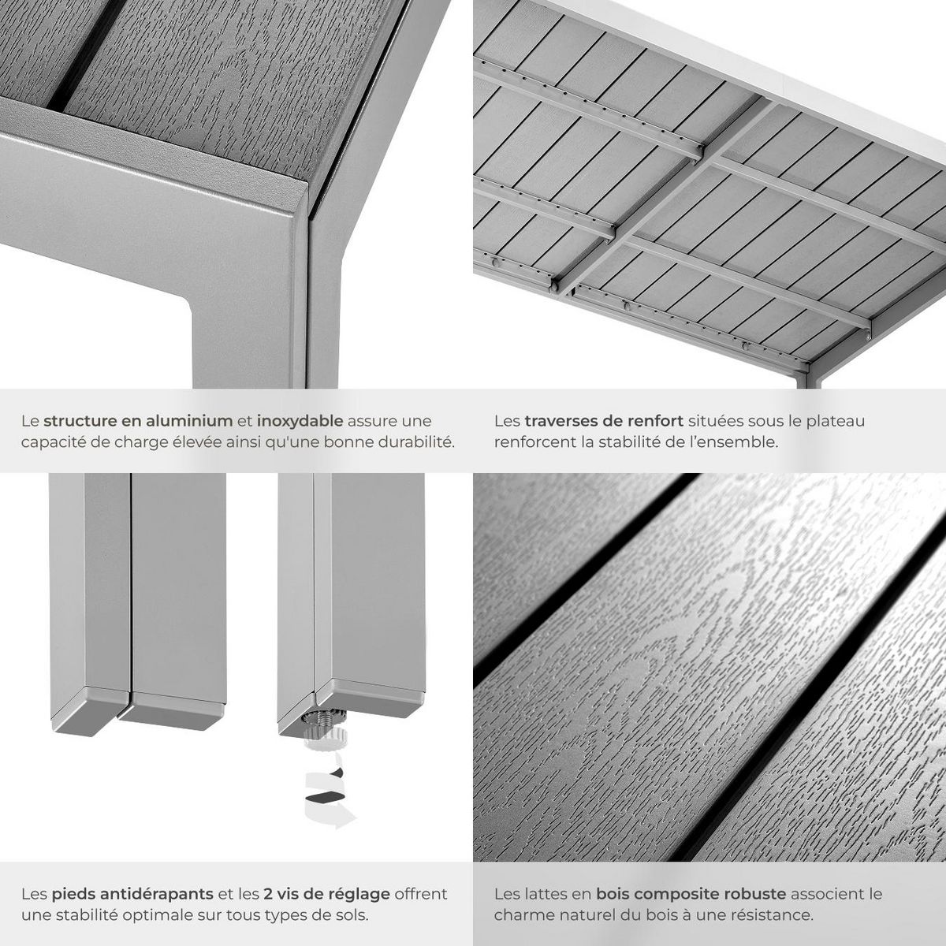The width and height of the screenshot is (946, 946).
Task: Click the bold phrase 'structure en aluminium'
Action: click(x=138, y=421)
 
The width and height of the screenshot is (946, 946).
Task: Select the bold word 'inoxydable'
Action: click(x=300, y=421)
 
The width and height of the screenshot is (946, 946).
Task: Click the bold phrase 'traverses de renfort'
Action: click(x=604, y=421)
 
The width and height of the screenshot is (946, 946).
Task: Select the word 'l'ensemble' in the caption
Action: click(x=737, y=441)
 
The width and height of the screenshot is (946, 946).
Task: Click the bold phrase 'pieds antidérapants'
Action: click(x=132, y=894)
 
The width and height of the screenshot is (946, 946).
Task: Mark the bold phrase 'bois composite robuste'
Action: click(x=691, y=894)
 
